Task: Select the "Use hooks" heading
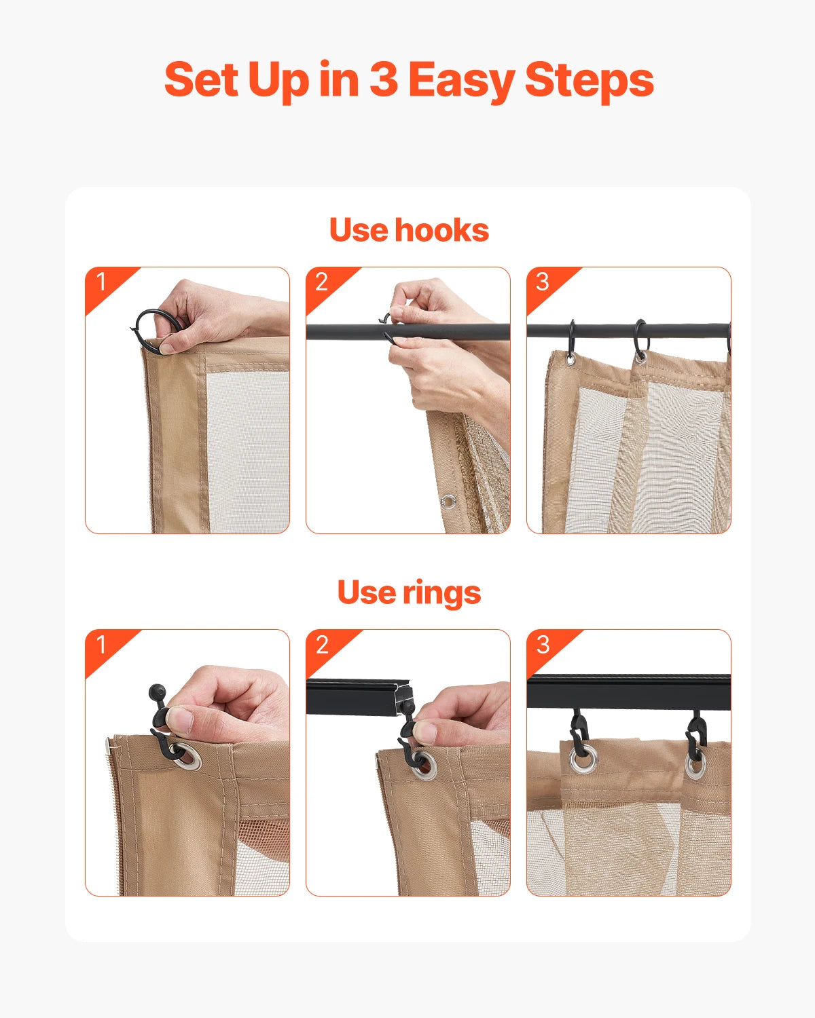[x=409, y=230]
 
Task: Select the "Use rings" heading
[x=409, y=592]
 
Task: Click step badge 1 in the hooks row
[x=101, y=282]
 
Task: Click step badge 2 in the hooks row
[x=322, y=282]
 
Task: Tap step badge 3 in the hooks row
[x=542, y=282]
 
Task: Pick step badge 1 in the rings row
[x=101, y=644]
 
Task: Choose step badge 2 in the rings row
[x=322, y=644]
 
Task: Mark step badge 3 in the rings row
[x=542, y=644]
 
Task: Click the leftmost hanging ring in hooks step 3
[x=571, y=341]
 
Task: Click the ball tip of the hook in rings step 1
[x=156, y=693]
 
